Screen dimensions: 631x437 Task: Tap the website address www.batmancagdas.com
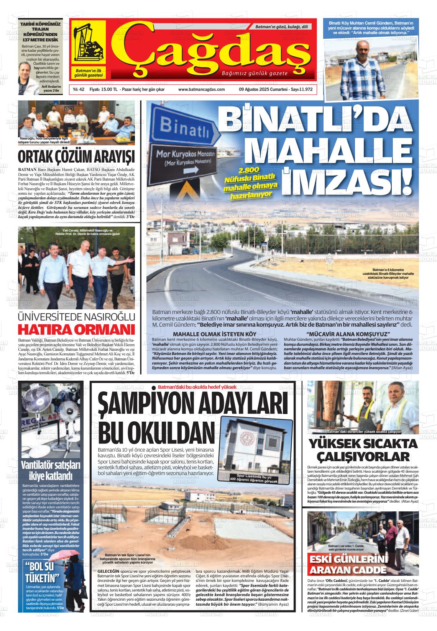[201, 89]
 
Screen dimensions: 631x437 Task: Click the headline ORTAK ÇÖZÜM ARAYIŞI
[77, 157]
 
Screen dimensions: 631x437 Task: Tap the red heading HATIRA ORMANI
[77, 330]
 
